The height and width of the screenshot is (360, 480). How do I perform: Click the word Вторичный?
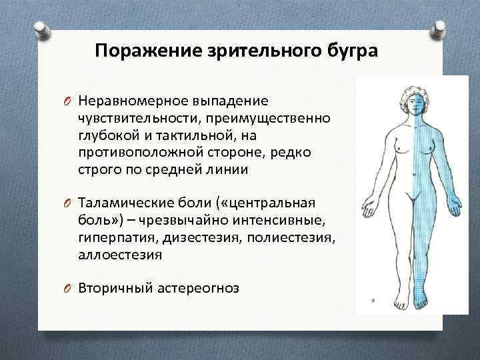pos(115,288)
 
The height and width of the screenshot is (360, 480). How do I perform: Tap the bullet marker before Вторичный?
pos(69,289)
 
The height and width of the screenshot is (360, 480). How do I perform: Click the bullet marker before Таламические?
pos(69,203)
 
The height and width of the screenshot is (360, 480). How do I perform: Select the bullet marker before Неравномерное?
pos(69,101)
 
